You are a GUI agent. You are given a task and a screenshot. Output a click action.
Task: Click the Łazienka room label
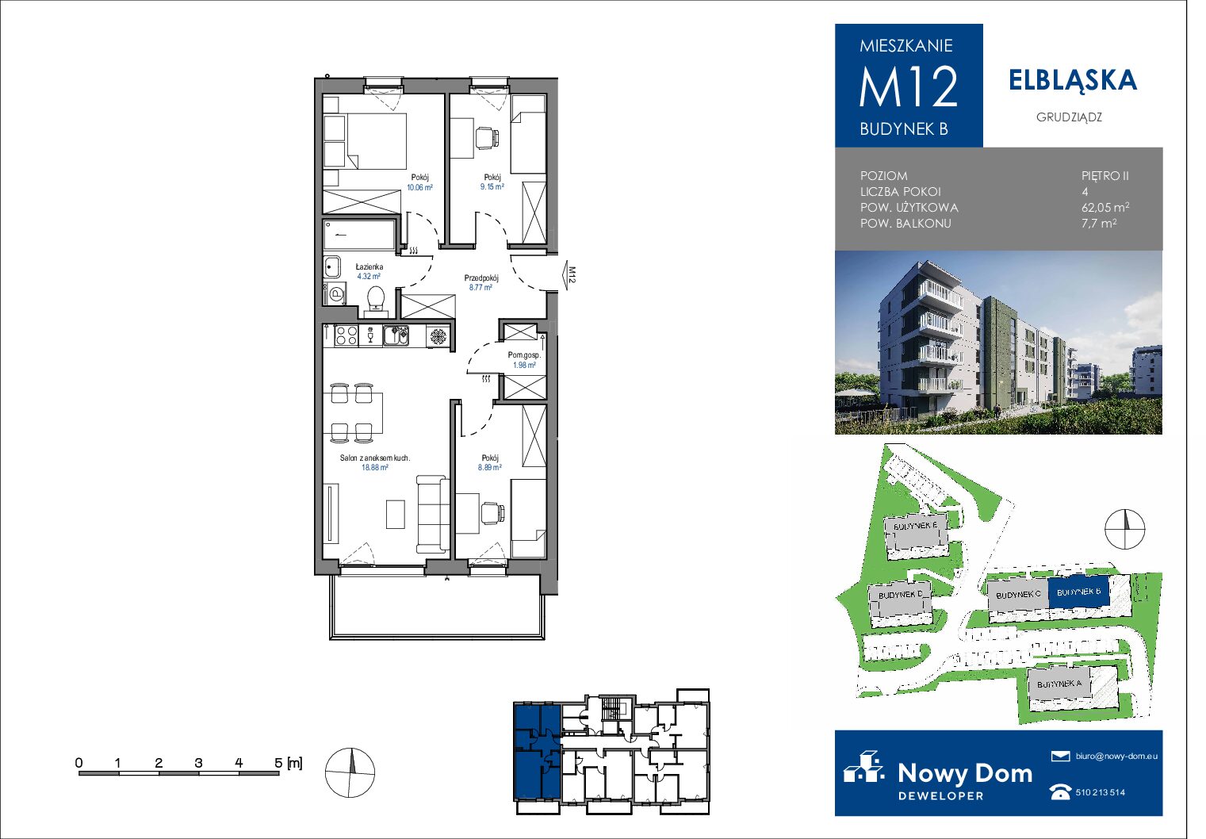[x=369, y=266]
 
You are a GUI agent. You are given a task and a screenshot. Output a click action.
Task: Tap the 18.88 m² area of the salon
[x=375, y=467]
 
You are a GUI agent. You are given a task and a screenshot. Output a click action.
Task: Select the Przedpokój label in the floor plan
[x=481, y=278]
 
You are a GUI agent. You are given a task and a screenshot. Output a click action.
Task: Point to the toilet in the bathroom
[x=375, y=301]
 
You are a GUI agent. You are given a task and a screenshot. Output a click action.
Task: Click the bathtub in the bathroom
[x=360, y=235]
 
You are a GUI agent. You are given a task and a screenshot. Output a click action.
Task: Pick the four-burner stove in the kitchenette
[x=346, y=335]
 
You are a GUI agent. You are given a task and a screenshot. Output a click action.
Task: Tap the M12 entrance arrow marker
[x=569, y=275]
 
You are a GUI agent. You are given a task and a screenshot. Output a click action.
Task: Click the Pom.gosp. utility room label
[x=524, y=355]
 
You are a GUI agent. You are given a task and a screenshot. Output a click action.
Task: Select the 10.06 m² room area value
[x=420, y=187]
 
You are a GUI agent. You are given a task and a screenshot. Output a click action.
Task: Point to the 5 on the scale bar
[x=278, y=763]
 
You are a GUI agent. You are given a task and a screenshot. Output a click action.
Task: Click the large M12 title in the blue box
[x=909, y=86]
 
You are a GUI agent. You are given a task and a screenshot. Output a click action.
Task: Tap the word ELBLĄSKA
[x=1073, y=81]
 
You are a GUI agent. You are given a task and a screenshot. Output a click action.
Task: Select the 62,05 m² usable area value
[x=1105, y=207]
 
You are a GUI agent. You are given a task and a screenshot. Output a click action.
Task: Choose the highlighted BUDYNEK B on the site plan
[x=1078, y=592]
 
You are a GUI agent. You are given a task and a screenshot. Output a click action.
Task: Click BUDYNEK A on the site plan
[x=1059, y=684]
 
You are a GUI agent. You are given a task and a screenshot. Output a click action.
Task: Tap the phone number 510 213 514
[x=1101, y=792]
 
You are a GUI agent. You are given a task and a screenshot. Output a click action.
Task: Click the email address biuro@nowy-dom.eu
[x=1116, y=756]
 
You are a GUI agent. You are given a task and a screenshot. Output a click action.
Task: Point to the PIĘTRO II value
[x=1105, y=176]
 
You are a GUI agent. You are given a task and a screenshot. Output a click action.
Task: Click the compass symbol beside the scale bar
[x=350, y=772]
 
